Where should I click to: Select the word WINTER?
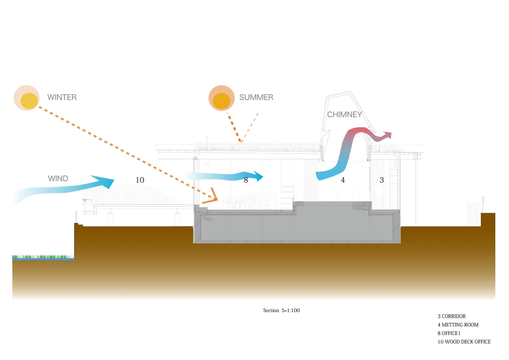point(62,97)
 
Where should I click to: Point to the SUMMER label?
point(256,97)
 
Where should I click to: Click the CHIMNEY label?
point(345,115)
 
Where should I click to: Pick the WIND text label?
point(58,179)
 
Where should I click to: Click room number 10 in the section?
point(140,180)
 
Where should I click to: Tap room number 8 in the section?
point(246,180)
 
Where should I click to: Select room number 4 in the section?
point(343,180)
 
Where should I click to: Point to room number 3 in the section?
point(381,180)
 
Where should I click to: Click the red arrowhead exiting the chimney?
point(387,135)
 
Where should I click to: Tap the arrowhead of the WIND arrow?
point(107,180)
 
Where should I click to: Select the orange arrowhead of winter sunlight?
point(213,198)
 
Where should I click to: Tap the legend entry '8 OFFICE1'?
point(453,334)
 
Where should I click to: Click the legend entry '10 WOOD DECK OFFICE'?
point(464,342)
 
